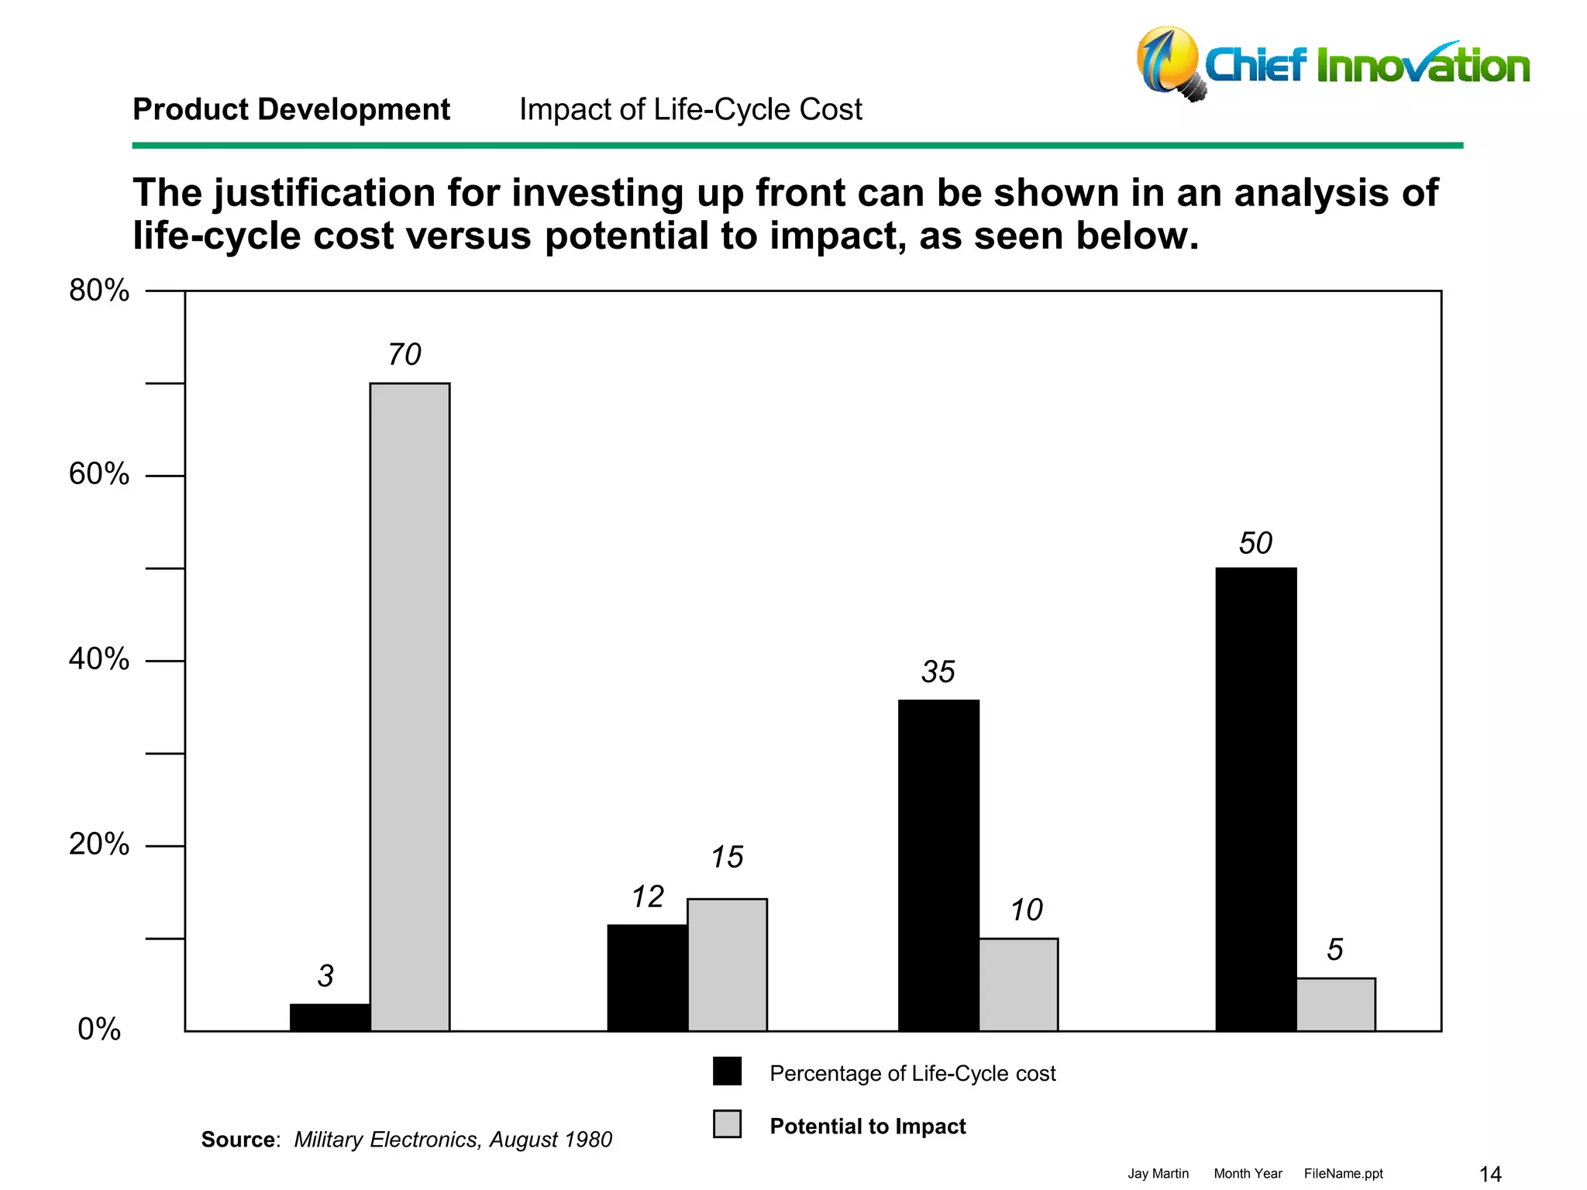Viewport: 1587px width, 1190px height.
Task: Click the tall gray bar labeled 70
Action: [x=409, y=707]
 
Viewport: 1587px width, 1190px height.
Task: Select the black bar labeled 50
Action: [x=1255, y=799]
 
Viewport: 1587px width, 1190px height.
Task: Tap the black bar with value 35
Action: [x=938, y=865]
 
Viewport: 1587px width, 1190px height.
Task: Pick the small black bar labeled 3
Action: [x=330, y=1017]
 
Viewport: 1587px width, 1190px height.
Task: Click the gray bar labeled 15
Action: [x=727, y=965]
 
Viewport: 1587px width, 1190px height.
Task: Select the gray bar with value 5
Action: [x=1336, y=1004]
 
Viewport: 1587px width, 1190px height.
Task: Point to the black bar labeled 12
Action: [x=647, y=977]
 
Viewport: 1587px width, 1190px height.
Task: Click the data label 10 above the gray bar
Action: [x=1026, y=910]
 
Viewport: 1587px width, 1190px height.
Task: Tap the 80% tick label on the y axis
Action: [x=99, y=291]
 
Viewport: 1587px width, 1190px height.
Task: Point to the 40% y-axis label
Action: [x=99, y=659]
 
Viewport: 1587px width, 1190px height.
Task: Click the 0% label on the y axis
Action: [x=99, y=1029]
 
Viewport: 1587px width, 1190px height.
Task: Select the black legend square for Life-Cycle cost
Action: [x=727, y=1071]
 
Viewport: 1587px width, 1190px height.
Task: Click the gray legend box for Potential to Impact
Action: [x=727, y=1124]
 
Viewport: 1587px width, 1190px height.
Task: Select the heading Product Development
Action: [x=291, y=109]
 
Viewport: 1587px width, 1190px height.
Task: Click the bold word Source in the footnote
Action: [x=238, y=1140]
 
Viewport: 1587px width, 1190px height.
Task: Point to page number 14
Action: [x=1490, y=1174]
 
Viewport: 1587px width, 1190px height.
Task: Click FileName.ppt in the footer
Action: [x=1343, y=1174]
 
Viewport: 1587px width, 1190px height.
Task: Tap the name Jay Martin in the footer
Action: [x=1158, y=1174]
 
